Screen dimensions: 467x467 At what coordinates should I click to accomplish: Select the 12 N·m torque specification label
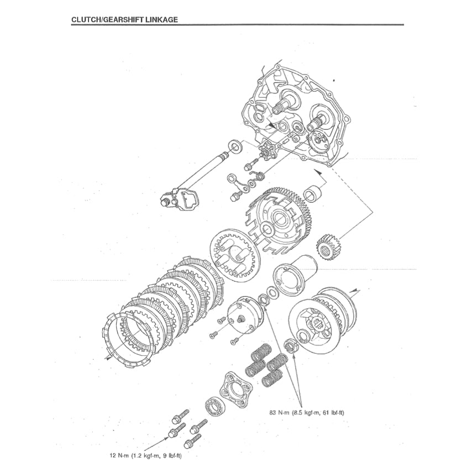[146, 456]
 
